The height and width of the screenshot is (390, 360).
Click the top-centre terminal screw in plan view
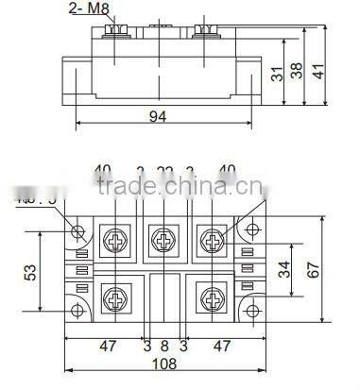tap(164, 237)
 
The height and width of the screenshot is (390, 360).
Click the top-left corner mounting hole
tap(78, 230)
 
